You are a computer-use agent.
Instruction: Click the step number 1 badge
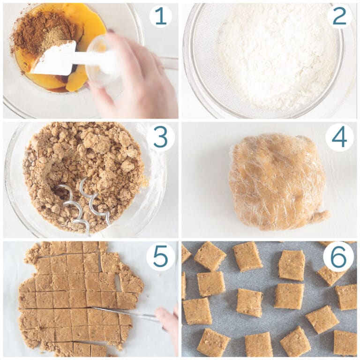tap(160, 16)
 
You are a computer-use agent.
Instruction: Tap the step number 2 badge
tap(339, 16)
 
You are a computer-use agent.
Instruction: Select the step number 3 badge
tap(160, 137)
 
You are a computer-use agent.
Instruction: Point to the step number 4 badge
tap(339, 137)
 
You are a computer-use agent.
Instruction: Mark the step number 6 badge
tap(338, 257)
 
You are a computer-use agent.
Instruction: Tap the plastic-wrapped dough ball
tap(278, 181)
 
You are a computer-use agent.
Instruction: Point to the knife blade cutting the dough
tap(124, 313)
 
